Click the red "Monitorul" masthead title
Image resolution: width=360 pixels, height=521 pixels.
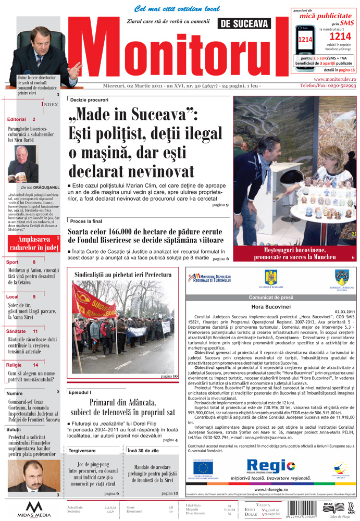(177, 52)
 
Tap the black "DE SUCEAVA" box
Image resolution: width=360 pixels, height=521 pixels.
(245, 23)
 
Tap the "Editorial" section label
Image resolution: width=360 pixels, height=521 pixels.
(17, 119)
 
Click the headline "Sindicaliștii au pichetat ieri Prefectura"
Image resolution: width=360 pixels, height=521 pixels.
(123, 274)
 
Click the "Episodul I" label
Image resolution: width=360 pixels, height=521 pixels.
(80, 391)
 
